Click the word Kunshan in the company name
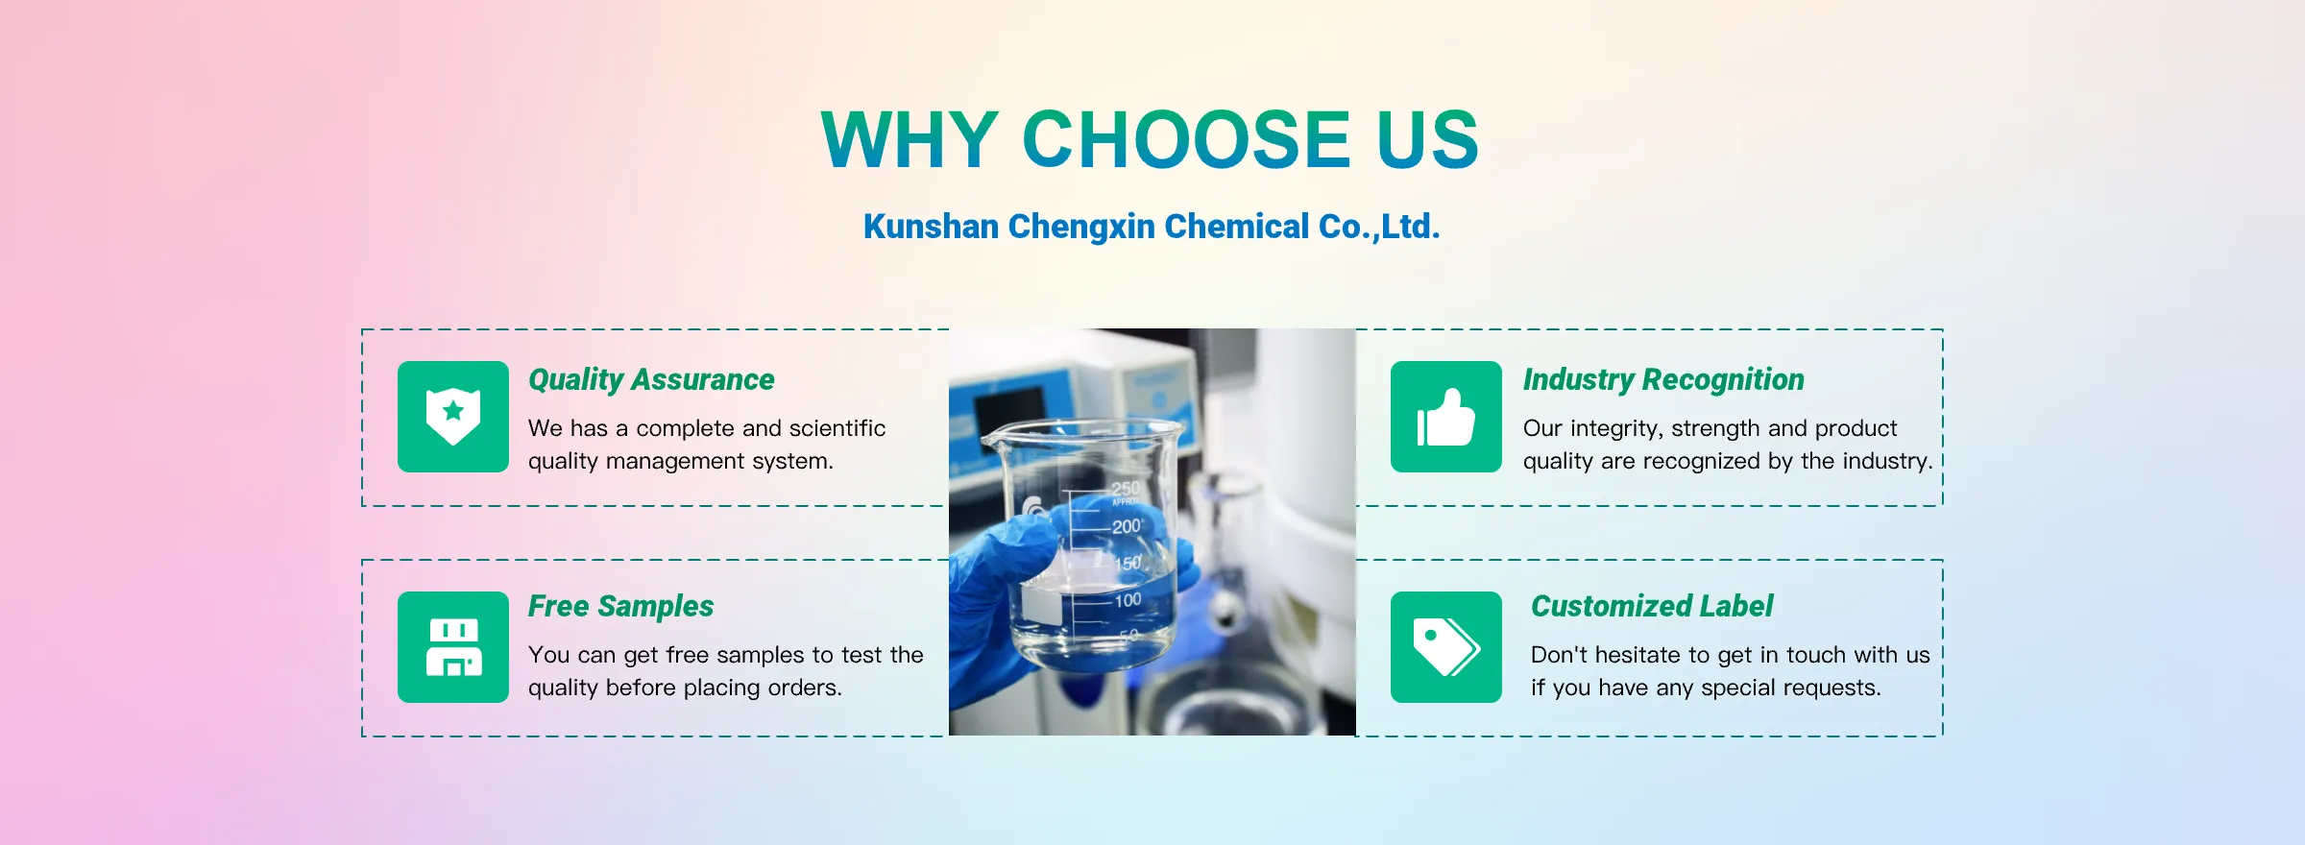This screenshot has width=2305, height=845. pos(932,227)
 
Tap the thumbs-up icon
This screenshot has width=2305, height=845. pos(1446,417)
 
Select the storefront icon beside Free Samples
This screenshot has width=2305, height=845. pos(453,647)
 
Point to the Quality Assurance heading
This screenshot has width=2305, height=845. pos(651,380)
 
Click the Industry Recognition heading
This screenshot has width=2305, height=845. pos(1663,380)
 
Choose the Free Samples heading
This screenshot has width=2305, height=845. pos(620,607)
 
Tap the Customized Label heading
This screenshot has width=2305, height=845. pos(1652,607)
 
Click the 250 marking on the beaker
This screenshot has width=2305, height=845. pos(1126,489)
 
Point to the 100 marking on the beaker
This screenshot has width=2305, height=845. pos(1128,600)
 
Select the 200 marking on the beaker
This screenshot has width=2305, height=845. pos(1127,526)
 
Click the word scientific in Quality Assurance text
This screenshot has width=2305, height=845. pos(837,428)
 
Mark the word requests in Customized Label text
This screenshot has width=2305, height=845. pos(1838,688)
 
